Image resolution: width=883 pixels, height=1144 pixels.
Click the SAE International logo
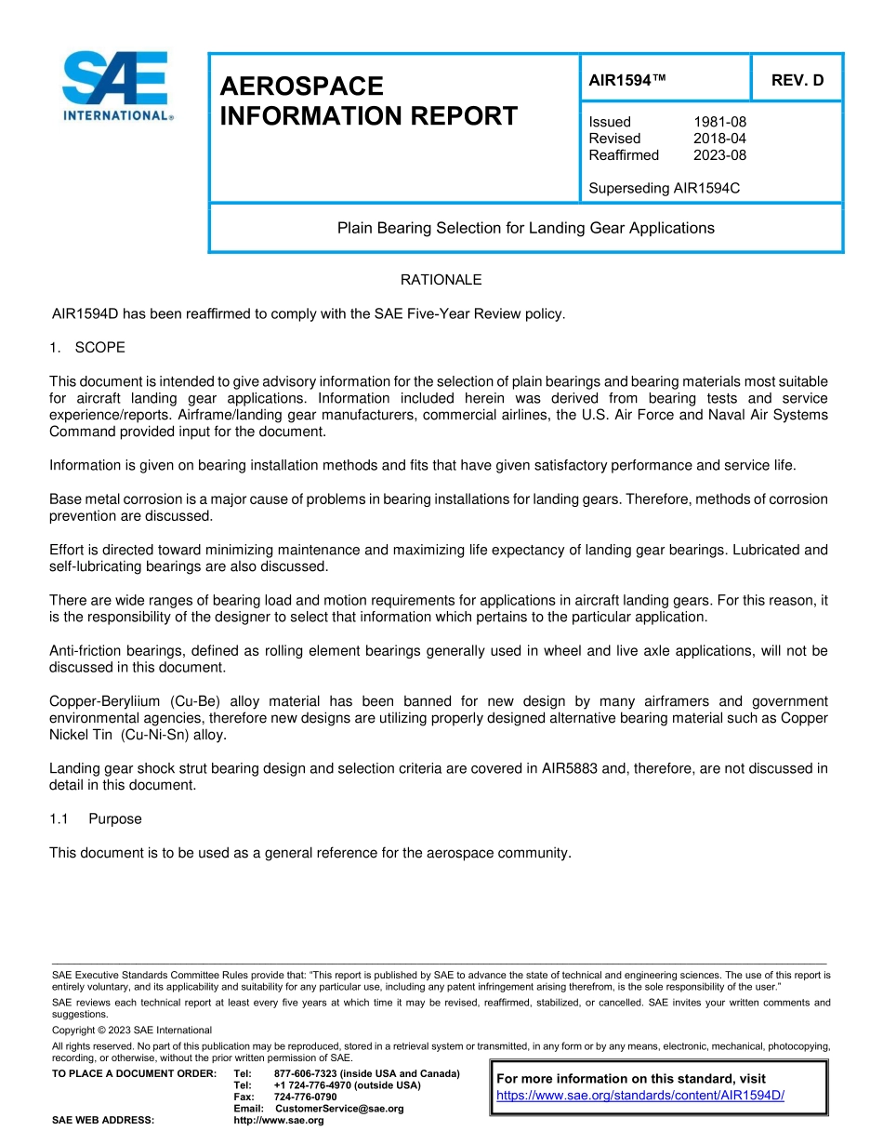tap(117, 86)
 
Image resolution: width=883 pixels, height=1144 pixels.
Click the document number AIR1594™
tap(628, 80)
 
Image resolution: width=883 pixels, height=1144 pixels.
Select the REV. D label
tap(797, 80)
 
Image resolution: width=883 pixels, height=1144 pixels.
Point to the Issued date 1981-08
tap(719, 122)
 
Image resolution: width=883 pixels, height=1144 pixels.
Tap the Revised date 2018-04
tap(719, 139)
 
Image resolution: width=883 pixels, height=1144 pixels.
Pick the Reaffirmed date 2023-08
tap(719, 155)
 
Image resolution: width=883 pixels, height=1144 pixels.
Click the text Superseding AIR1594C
tap(664, 188)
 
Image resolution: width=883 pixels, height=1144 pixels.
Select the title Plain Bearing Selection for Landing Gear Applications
tap(525, 228)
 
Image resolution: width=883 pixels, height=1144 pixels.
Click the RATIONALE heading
tap(441, 280)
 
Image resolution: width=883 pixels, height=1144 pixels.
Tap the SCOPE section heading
tap(99, 348)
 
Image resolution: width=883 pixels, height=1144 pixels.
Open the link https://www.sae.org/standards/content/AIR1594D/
tap(640, 1096)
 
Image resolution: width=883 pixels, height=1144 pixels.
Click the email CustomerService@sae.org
tap(340, 1109)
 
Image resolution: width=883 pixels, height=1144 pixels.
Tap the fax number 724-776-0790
tap(305, 1097)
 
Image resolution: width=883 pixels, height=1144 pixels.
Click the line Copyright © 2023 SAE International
tap(132, 1030)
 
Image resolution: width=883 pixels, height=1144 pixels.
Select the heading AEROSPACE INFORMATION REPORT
tap(368, 101)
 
